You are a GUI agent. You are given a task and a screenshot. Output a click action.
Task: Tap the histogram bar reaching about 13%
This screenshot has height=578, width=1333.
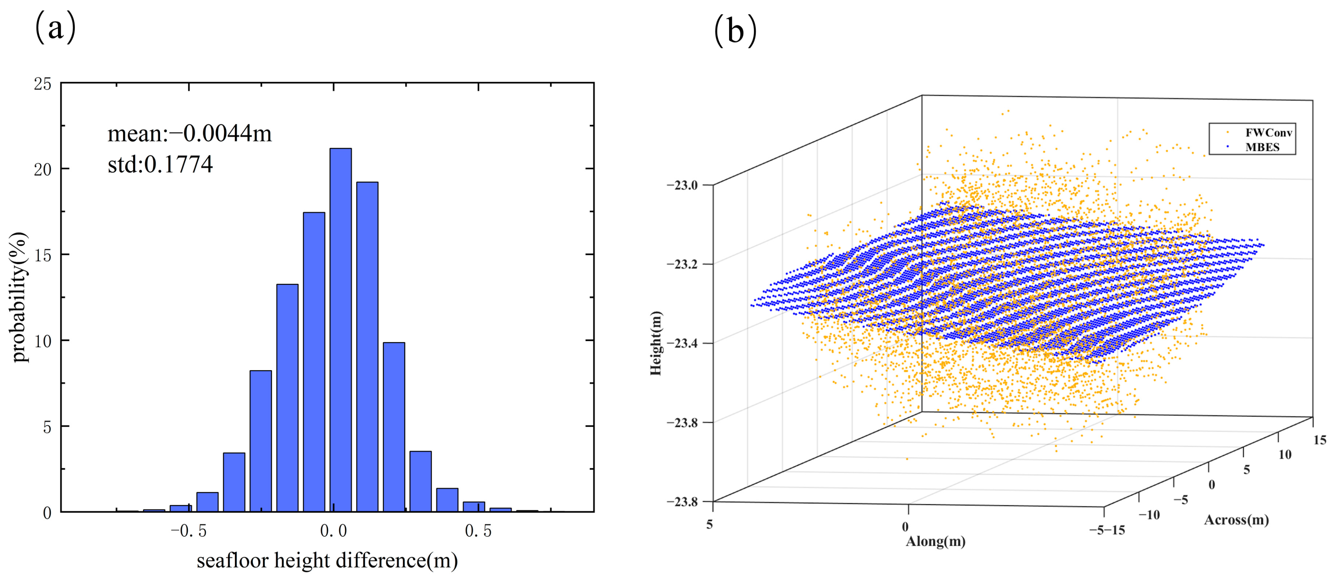tap(287, 398)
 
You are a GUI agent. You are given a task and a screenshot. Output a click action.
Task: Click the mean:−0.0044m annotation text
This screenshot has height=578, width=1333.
tap(189, 134)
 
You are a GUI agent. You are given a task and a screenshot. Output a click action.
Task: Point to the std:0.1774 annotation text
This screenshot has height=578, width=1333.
tap(160, 165)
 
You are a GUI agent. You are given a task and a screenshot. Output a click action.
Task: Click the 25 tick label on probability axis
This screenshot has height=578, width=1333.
tap(43, 84)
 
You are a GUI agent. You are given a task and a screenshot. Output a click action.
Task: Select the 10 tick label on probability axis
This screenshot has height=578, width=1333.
tap(43, 341)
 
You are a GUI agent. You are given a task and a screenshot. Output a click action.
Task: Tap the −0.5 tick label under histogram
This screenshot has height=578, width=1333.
tap(189, 531)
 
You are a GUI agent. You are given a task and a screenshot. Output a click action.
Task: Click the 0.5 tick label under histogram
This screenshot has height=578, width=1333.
tap(478, 531)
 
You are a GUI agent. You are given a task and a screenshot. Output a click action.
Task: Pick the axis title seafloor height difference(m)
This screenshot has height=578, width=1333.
tap(327, 561)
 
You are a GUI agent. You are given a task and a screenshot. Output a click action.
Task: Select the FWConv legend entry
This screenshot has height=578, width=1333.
tap(1268, 133)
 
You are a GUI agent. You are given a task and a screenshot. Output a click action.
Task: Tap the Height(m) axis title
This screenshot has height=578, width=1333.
tap(656, 343)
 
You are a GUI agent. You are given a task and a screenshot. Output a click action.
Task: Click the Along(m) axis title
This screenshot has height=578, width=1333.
tap(935, 542)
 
